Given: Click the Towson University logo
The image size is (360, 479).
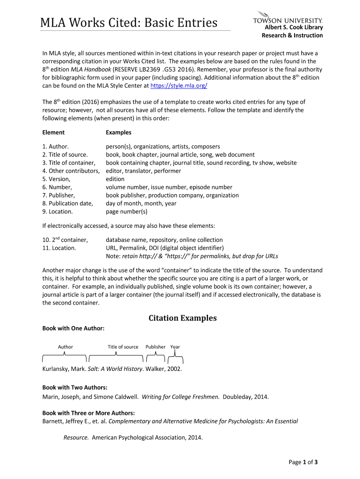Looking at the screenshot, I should pyautogui.click(x=288, y=18).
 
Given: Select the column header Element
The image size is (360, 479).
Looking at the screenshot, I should pyautogui.click(x=53, y=132).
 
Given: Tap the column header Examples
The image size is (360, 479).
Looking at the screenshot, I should pyautogui.click(x=118, y=132).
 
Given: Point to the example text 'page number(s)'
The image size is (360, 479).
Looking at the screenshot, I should pyautogui.click(x=126, y=211).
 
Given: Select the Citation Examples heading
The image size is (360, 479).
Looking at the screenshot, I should pyautogui.click(x=182, y=318).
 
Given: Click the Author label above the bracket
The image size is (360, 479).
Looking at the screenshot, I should pyautogui.click(x=65, y=347).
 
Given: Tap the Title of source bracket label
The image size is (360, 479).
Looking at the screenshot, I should pyautogui.click(x=123, y=347).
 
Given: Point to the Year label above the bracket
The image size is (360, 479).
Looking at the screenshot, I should pyautogui.click(x=175, y=347).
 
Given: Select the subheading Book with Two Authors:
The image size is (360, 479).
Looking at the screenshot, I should pyautogui.click(x=75, y=388).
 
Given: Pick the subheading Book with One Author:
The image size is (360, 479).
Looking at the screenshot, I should pyautogui.click(x=73, y=329).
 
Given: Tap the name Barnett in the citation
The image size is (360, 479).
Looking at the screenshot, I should pyautogui.click(x=53, y=421).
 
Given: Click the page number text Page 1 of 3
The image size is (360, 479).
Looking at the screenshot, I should pyautogui.click(x=303, y=463).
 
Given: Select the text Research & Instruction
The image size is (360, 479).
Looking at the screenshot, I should pyautogui.click(x=292, y=35).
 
